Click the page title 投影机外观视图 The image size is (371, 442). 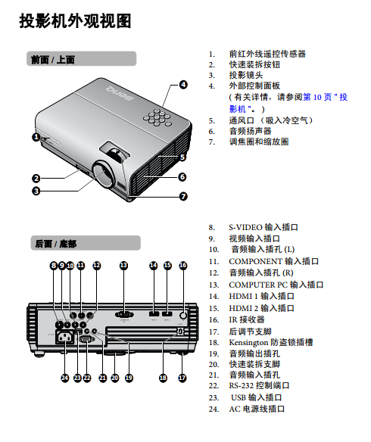75,21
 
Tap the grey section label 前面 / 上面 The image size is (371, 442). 81,59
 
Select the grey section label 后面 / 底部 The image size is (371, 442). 86,243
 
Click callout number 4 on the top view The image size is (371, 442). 183,85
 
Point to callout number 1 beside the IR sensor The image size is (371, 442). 36,137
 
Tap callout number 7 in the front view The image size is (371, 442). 183,196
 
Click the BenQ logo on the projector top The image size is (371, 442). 120,93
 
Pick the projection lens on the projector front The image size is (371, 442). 103,174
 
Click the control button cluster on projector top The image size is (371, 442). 157,117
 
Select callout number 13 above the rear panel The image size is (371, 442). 123,265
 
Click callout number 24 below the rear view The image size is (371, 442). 65,378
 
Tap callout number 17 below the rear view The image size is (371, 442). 182,378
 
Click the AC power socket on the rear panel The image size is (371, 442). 66,337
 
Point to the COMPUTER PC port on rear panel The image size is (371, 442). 124,315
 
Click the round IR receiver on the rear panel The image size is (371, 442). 183,315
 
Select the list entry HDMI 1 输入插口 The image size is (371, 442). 261,296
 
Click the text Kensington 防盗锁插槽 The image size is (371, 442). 270,343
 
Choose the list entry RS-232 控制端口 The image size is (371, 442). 259,386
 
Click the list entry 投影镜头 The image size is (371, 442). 246,75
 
